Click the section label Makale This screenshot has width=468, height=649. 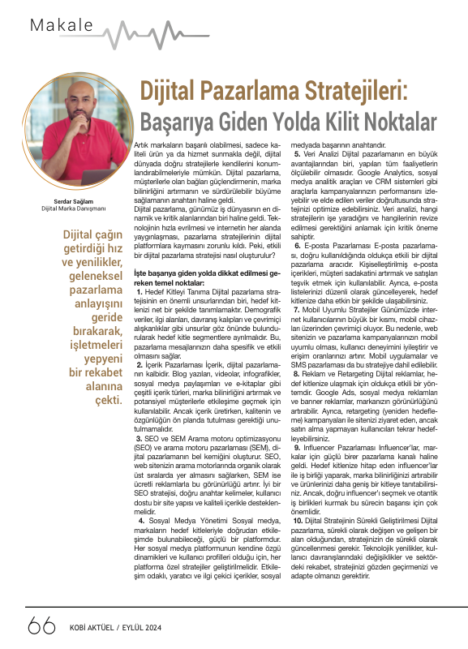tap(62, 25)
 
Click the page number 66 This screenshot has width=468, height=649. tap(41, 625)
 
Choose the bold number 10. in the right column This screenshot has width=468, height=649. tap(299, 494)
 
